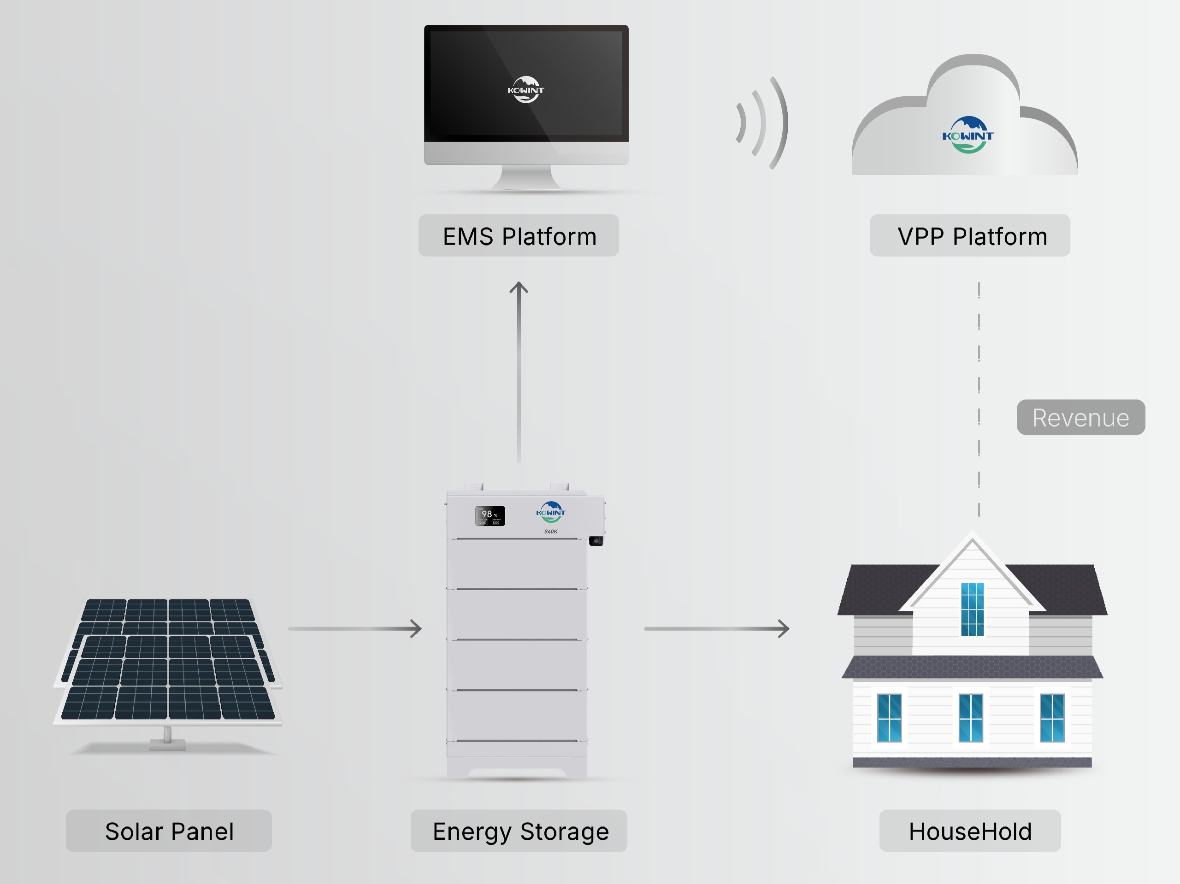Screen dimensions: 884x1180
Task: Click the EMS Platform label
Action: [x=519, y=236]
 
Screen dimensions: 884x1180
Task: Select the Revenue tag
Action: [x=1080, y=417]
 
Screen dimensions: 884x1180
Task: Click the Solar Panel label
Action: [x=169, y=831]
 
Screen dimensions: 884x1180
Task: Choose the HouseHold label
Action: [x=969, y=831]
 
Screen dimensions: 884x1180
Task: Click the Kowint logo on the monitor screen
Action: [x=525, y=89]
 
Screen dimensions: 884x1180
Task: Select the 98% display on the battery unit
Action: [x=489, y=515]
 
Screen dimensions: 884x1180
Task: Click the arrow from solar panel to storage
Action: [x=355, y=629]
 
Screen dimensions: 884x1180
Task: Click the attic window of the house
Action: [x=972, y=609]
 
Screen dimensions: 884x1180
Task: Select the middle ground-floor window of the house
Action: [x=970, y=718]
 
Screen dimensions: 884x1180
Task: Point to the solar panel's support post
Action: [x=167, y=736]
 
